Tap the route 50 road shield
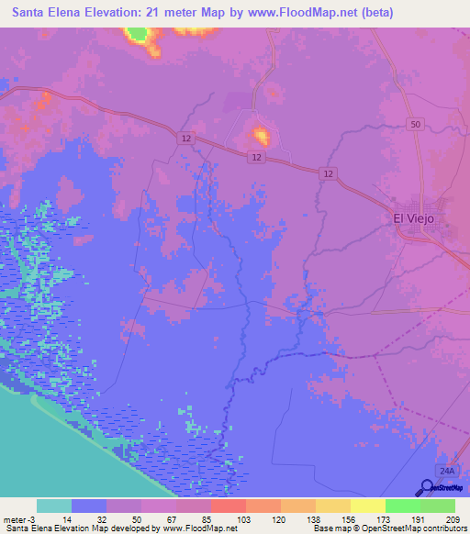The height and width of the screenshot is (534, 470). (x=417, y=124)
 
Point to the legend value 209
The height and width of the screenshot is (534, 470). (x=453, y=518)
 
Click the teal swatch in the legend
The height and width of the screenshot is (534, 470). (x=54, y=506)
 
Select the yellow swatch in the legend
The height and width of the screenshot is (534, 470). (x=367, y=506)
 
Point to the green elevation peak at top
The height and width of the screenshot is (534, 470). (x=139, y=35)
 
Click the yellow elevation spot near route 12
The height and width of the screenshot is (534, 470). (x=262, y=138)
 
